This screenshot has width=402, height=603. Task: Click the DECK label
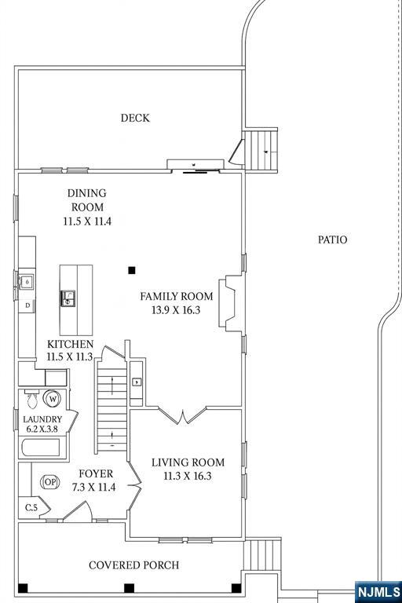coord(135,119)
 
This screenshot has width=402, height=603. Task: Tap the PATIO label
coord(332,239)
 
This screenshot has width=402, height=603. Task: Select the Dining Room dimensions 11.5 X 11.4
coord(87,221)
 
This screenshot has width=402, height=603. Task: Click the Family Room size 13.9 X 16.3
coord(176,310)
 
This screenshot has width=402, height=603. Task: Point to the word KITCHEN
coord(71,345)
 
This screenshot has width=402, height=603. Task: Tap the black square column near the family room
coord(132,270)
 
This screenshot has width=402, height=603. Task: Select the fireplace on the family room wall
coord(231,305)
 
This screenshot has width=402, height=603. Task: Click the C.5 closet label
coord(31,508)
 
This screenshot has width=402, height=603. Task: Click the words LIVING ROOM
coord(188,462)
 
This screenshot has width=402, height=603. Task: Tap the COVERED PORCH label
coord(133,565)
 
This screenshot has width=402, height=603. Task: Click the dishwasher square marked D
coord(27,305)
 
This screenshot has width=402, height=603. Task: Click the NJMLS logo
coord(378,590)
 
